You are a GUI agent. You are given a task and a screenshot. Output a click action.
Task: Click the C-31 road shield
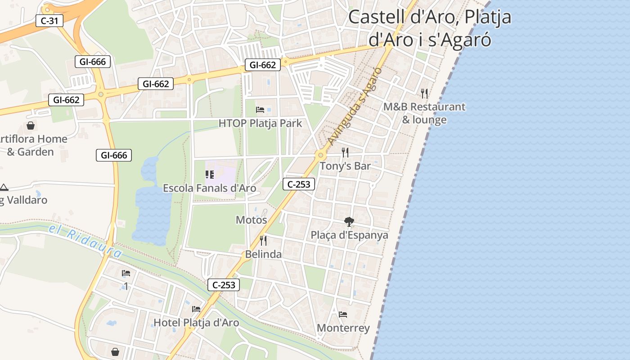49,20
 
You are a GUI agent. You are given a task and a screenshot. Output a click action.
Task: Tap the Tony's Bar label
345,166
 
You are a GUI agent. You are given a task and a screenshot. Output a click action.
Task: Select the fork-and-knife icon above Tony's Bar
345,153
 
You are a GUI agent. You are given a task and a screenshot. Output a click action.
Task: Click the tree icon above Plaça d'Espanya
349,221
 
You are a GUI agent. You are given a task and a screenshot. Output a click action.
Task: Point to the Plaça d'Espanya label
349,235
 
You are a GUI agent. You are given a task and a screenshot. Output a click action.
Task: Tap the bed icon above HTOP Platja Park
260,109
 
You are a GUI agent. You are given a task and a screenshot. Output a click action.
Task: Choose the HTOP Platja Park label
260,123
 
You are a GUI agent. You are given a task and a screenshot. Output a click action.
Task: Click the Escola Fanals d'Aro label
209,188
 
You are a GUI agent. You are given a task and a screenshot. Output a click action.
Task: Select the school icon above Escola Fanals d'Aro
209,174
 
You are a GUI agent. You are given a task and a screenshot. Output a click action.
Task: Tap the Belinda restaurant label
263,254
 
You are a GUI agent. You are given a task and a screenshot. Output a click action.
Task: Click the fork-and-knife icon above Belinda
263,241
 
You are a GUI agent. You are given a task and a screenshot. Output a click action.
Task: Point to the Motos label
252,220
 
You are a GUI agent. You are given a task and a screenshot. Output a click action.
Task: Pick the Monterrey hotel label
343,328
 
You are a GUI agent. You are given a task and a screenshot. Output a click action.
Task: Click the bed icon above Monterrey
343,314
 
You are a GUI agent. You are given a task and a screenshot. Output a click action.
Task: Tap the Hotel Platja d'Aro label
196,322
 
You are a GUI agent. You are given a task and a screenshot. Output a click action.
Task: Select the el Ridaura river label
85,242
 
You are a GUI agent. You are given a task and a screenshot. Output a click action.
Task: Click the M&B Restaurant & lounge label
424,113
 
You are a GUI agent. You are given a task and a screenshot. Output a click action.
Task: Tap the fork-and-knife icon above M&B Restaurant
424,93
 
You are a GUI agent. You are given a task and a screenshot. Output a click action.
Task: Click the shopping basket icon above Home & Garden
31,126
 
